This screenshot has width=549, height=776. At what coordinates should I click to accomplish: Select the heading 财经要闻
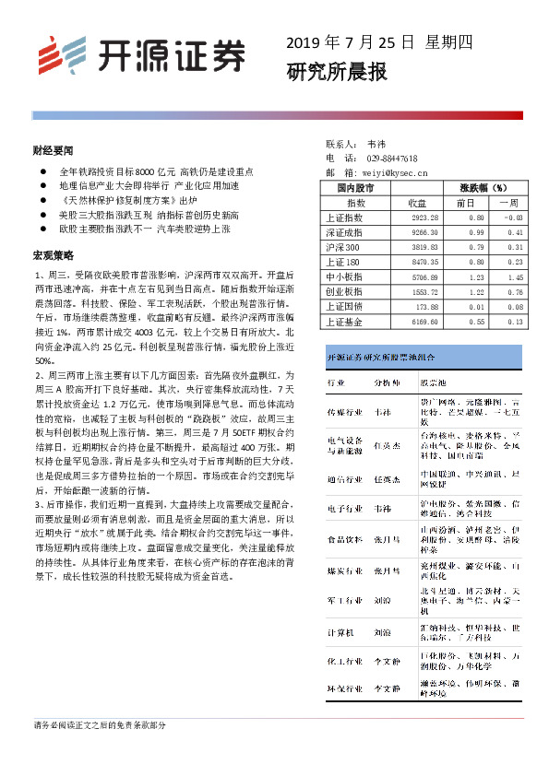click(x=53, y=149)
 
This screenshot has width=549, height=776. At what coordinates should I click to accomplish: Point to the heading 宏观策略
click(x=53, y=254)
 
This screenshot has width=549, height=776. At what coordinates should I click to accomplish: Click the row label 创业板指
click(x=344, y=291)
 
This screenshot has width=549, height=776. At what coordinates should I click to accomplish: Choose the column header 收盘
click(x=416, y=202)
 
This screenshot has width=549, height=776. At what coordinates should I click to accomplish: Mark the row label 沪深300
click(x=343, y=247)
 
